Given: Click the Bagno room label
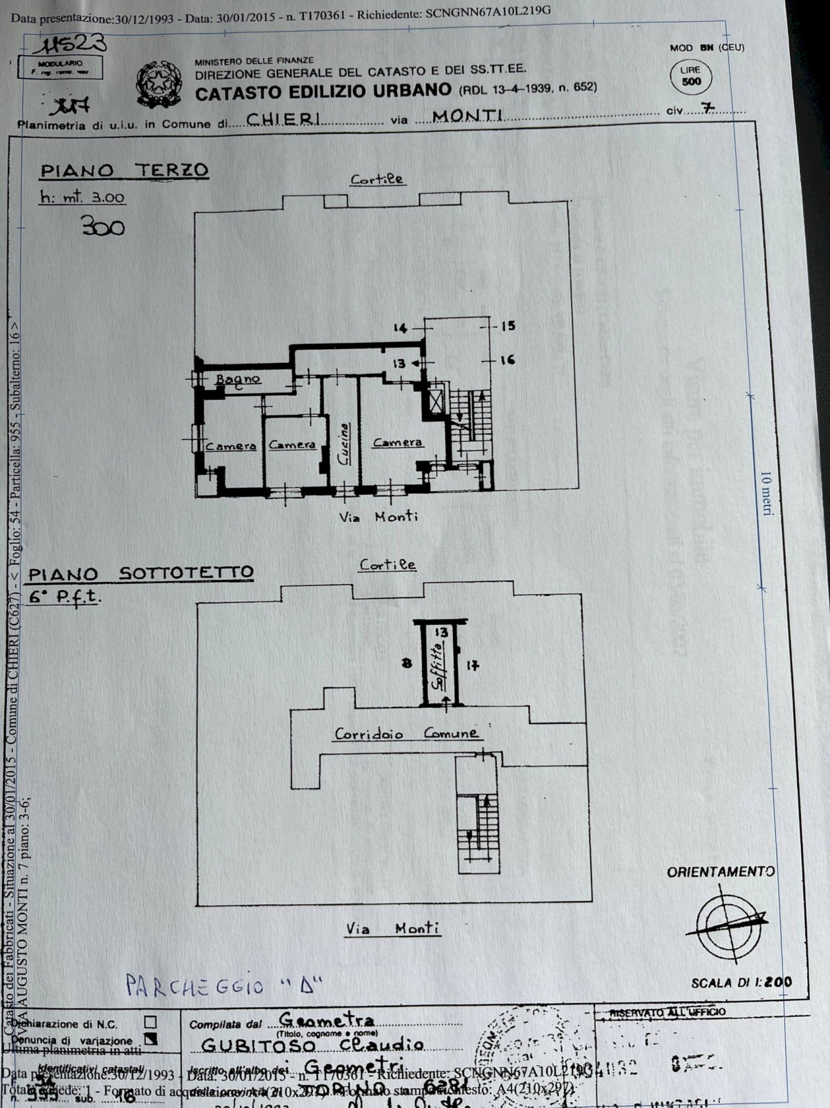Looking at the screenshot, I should pos(238,380).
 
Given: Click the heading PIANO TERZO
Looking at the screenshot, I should pos(124,170).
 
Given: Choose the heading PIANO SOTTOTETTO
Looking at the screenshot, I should pos(141,572).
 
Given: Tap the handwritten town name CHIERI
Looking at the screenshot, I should pos(284,118).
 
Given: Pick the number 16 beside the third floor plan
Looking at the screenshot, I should pos(507,360).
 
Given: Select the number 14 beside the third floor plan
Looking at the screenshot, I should pos(400,327).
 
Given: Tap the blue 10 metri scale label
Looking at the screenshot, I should pos(766,493).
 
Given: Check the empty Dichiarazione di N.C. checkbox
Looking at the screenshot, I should pos(150,1022).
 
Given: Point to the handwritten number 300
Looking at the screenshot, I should pos(103,227).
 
